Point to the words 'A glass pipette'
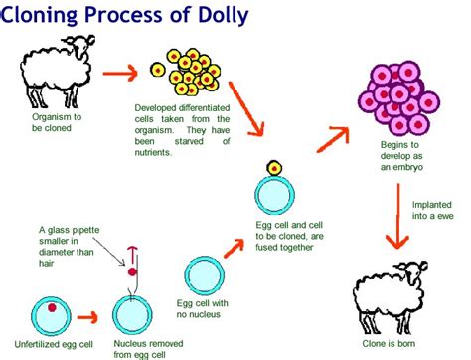70,230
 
